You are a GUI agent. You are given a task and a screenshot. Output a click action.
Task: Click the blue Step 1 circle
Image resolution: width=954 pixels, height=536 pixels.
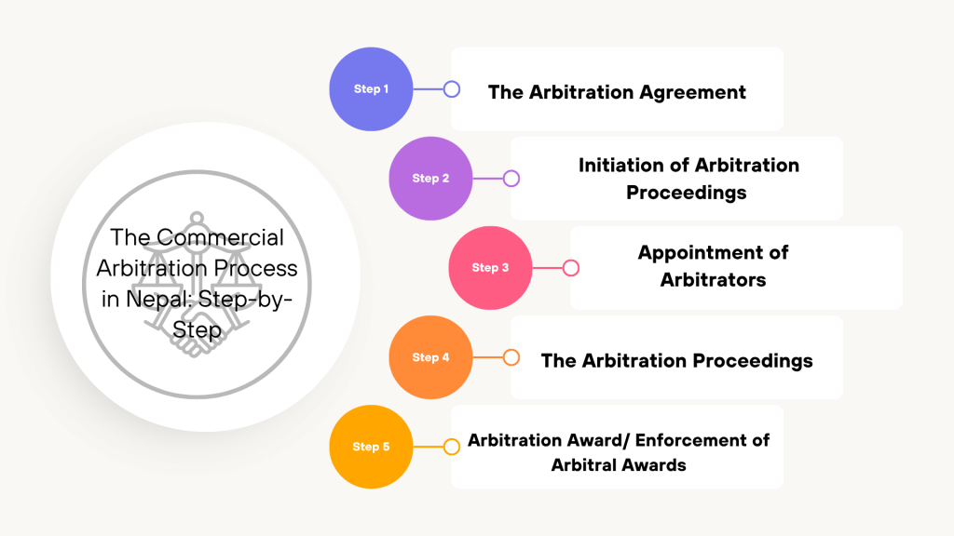(x=371, y=89)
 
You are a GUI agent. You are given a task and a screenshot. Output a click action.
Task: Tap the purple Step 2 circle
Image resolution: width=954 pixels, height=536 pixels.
(x=430, y=179)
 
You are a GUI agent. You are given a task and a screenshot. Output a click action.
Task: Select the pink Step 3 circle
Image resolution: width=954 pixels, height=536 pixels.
(x=490, y=268)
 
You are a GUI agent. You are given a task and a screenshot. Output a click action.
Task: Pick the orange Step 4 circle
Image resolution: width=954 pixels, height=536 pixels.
(x=430, y=357)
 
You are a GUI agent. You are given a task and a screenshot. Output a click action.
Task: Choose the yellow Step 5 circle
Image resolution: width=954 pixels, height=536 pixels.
(x=371, y=447)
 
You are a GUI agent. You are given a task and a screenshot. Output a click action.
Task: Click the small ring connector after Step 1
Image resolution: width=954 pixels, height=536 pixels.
(x=452, y=89)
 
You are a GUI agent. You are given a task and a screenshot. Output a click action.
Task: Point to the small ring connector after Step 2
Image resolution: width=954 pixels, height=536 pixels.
(x=511, y=179)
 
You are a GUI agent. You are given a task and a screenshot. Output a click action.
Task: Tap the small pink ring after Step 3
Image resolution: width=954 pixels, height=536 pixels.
(x=571, y=268)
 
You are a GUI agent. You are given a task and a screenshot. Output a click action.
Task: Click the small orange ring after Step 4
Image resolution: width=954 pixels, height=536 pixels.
(x=511, y=357)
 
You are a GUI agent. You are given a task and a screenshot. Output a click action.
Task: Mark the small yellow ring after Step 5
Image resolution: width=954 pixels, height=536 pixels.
(x=452, y=447)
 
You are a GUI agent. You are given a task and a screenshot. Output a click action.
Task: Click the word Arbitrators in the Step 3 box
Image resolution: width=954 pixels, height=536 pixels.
(x=713, y=280)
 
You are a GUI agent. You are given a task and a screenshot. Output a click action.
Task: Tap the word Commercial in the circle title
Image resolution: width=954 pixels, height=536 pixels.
(x=220, y=238)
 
